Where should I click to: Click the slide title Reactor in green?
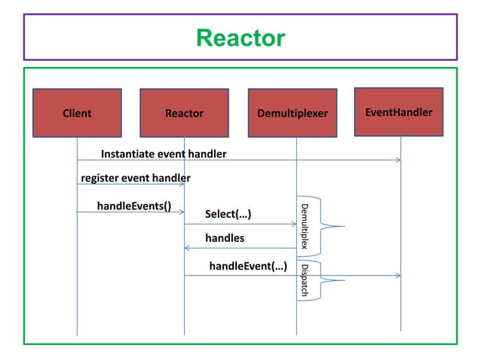click(240, 37)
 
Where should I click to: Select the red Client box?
click(77, 113)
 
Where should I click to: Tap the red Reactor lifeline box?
click(185, 113)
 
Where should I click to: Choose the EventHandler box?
click(399, 112)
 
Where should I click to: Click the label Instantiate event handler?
click(164, 154)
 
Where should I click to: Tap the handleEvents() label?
click(134, 205)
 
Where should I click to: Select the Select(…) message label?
click(228, 215)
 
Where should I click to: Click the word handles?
click(225, 239)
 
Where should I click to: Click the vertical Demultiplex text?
click(305, 226)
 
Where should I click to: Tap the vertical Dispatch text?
click(304, 279)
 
